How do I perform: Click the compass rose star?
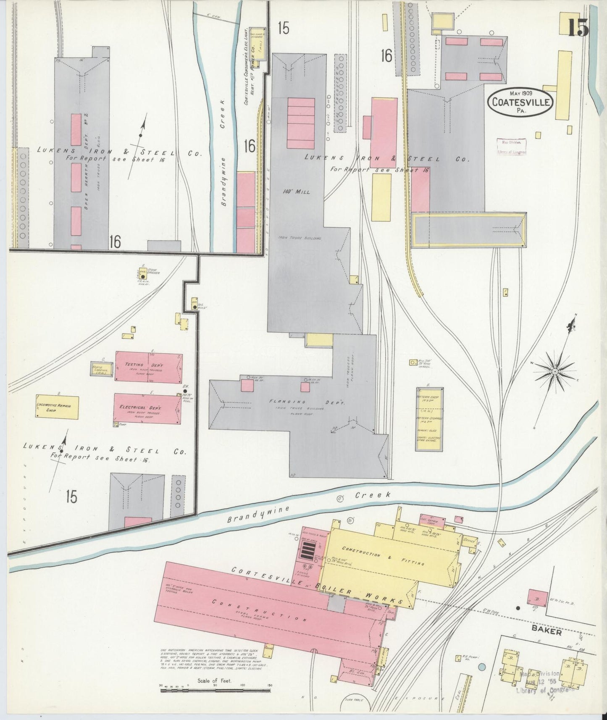555,372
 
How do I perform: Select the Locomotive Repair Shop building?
57,407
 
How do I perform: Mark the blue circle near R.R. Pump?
481,667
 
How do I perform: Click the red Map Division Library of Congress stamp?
511,147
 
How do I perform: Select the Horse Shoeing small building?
101,368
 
